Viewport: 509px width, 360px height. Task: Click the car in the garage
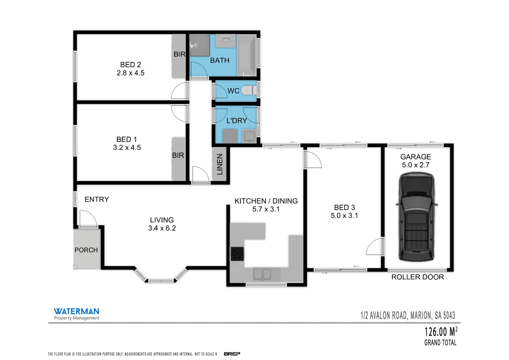pyautogui.click(x=416, y=217)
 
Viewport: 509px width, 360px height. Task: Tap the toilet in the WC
pyautogui.click(x=248, y=90)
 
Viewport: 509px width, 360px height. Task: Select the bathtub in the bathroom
pyautogui.click(x=247, y=55)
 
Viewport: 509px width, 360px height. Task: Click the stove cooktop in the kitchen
pyautogui.click(x=237, y=254)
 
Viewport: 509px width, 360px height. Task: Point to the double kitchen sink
pyautogui.click(x=262, y=274)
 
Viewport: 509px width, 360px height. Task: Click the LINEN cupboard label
pyautogui.click(x=220, y=164)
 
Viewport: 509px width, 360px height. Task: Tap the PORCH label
pyautogui.click(x=86, y=250)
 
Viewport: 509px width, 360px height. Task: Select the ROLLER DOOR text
pyautogui.click(x=417, y=277)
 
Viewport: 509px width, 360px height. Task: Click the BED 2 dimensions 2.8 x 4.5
pyautogui.click(x=130, y=73)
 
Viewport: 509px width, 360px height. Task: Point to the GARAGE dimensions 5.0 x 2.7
pyautogui.click(x=415, y=165)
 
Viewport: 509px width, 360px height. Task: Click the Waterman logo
pyautogui.click(x=76, y=313)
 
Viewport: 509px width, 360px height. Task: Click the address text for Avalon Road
pyautogui.click(x=407, y=315)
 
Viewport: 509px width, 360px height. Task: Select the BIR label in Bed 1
pyautogui.click(x=178, y=155)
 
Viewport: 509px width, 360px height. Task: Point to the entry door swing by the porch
pyautogui.click(x=87, y=219)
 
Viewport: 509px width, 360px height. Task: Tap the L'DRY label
pyautogui.click(x=237, y=121)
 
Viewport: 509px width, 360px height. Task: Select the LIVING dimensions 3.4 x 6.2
pyautogui.click(x=162, y=228)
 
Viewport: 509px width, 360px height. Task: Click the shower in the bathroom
pyautogui.click(x=199, y=45)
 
